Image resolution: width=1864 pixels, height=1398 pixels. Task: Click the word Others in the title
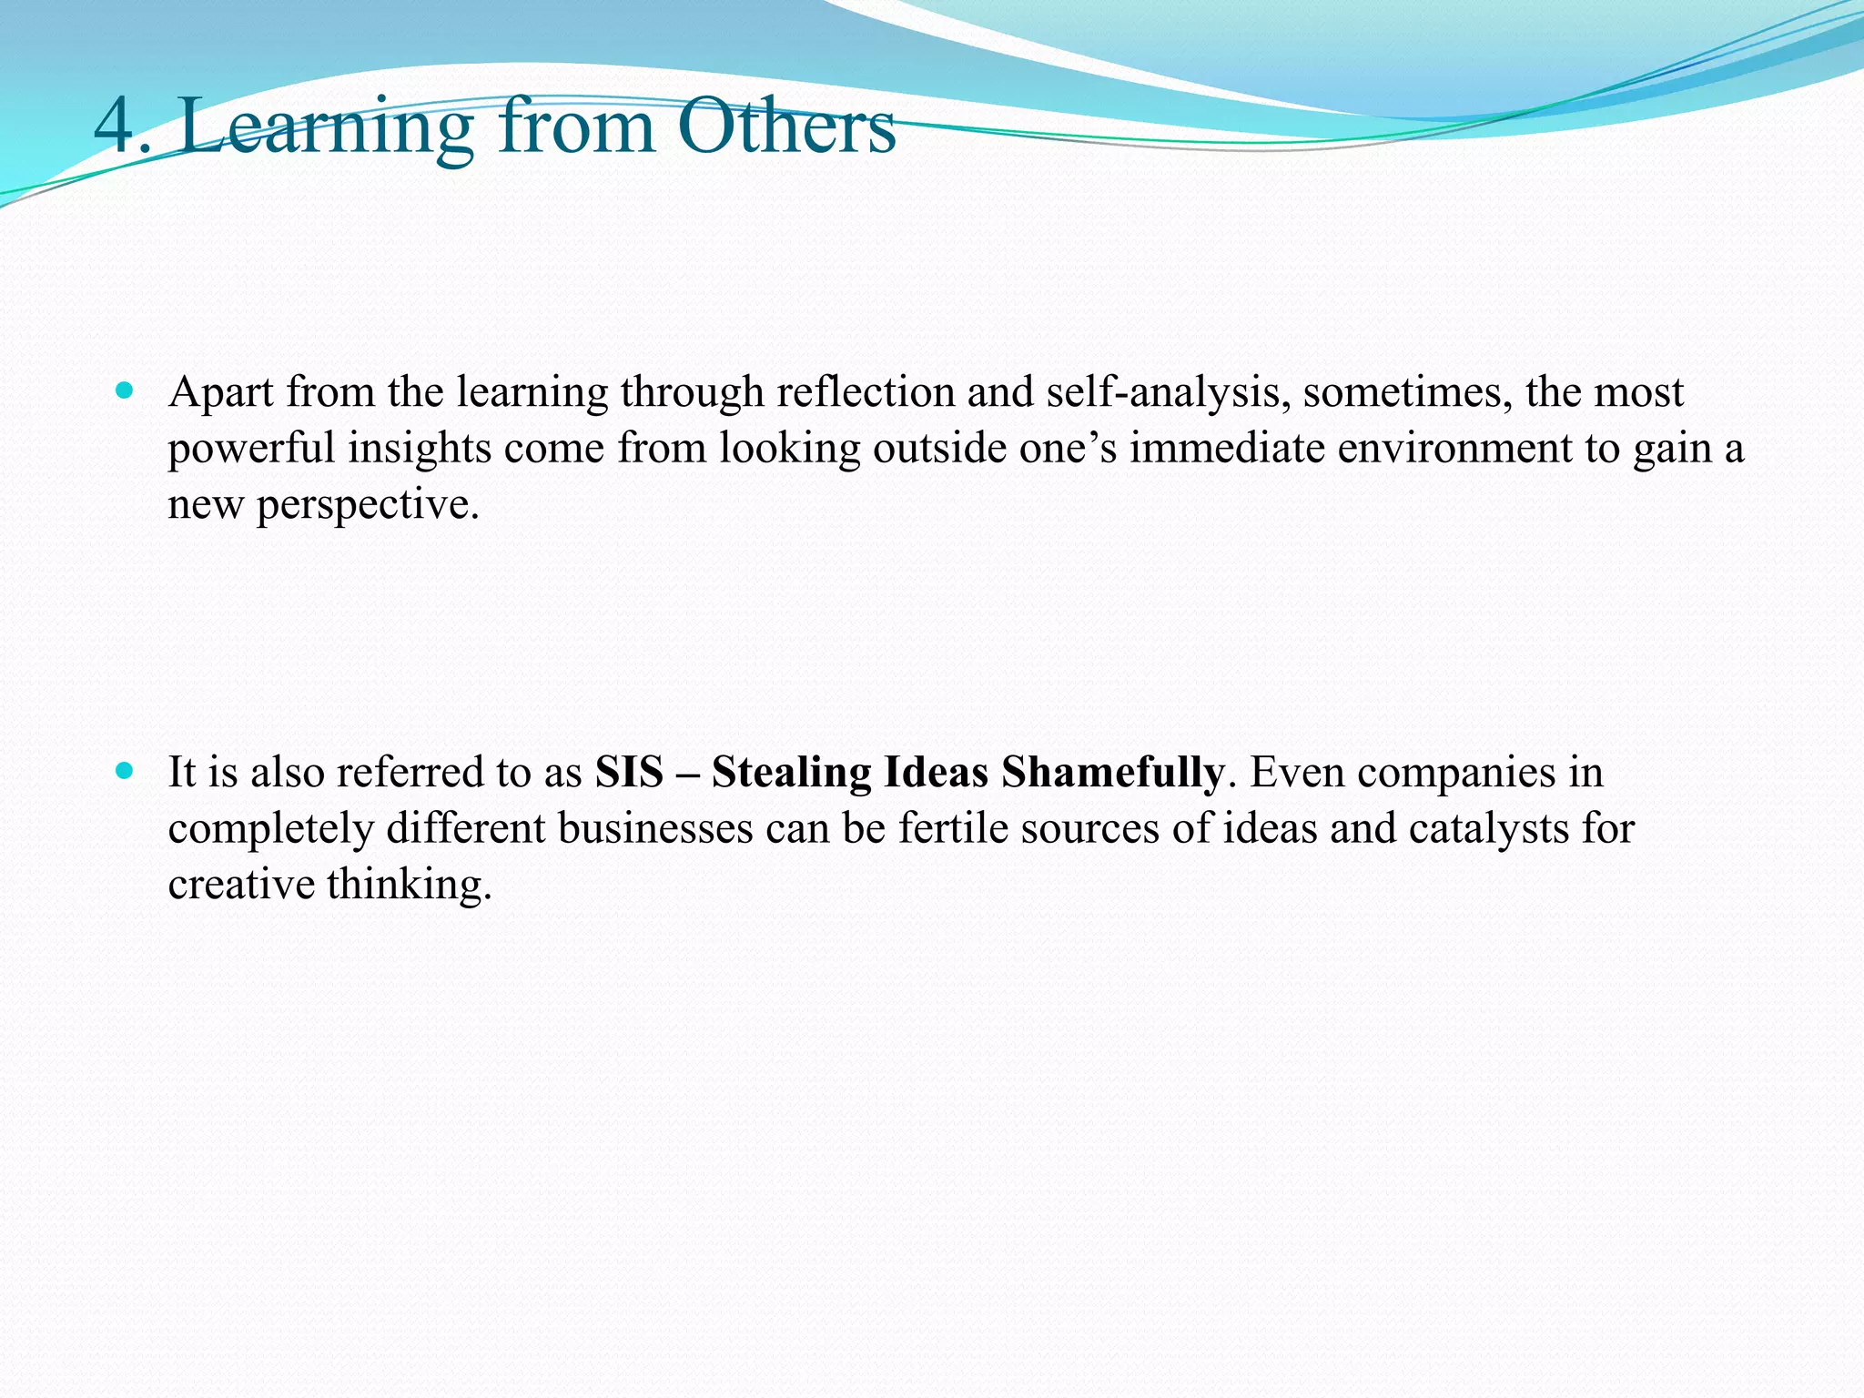point(786,127)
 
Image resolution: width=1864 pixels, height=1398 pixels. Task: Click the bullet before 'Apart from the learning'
point(126,392)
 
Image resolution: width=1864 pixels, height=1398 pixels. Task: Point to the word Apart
point(221,393)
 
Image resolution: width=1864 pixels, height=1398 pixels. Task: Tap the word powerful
point(251,449)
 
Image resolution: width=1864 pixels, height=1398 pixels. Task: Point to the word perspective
point(368,505)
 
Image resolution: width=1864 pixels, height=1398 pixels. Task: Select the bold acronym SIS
point(629,773)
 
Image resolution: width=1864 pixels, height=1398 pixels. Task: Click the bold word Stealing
point(791,773)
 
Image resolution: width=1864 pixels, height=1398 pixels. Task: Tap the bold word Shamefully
point(1112,773)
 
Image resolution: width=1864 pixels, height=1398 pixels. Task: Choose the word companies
point(1455,773)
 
